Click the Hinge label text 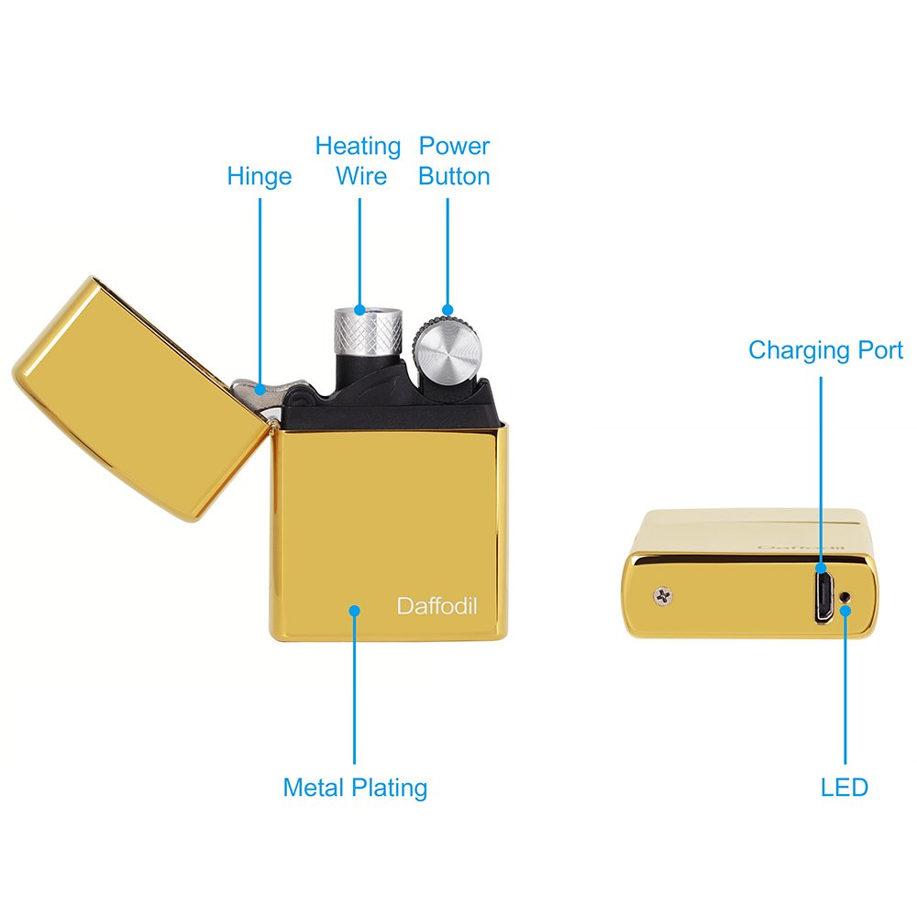tap(260, 177)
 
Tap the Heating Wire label tap(358, 160)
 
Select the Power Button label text tap(455, 160)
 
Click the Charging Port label tap(826, 350)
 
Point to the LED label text tap(844, 787)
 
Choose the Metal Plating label tap(355, 788)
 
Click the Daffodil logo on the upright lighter tap(436, 606)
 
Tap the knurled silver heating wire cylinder tap(368, 330)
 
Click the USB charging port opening tap(824, 597)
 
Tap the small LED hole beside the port tap(844, 597)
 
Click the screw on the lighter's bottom tap(663, 597)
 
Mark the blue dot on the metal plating tap(354, 611)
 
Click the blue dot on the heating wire tap(359, 310)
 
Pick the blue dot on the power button tap(447, 310)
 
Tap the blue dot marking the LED tap(845, 611)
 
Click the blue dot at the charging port tap(821, 568)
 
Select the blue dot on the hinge tap(260, 389)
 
